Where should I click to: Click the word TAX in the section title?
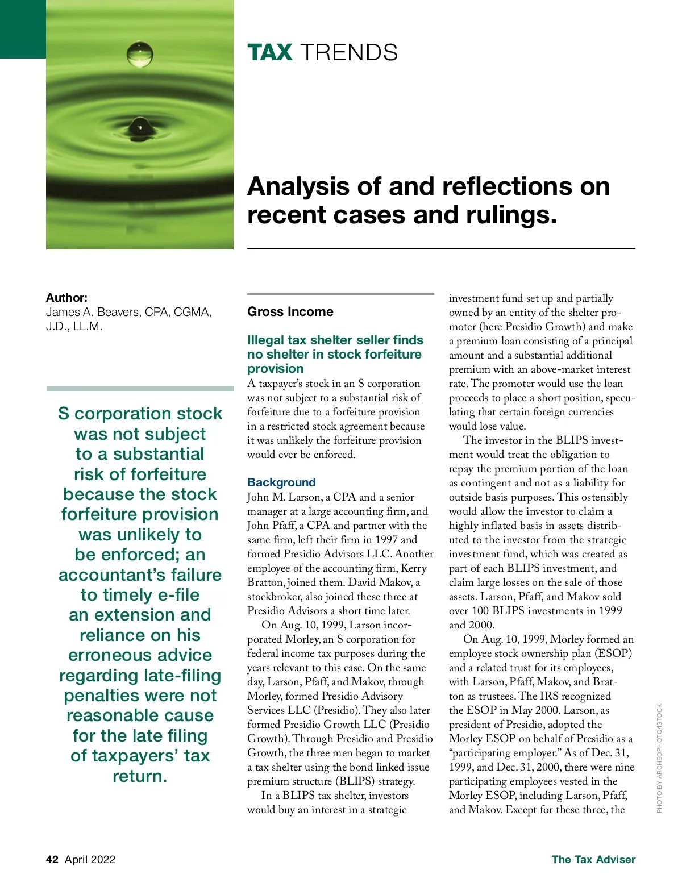tap(270, 53)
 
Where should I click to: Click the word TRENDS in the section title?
tap(349, 53)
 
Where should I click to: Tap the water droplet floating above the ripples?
tap(140, 54)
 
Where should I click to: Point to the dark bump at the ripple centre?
tap(139, 128)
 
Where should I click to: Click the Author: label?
tap(66, 298)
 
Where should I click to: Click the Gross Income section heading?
tap(290, 311)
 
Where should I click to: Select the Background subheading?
tap(281, 482)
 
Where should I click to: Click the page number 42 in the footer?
tap(52, 859)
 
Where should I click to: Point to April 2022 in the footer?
tap(90, 859)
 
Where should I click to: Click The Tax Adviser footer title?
tap(593, 859)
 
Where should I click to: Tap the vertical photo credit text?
tap(659, 758)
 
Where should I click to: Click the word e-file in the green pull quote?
tap(170, 595)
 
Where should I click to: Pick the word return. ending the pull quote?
tap(140, 776)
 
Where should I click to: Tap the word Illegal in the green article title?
tap(267, 340)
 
